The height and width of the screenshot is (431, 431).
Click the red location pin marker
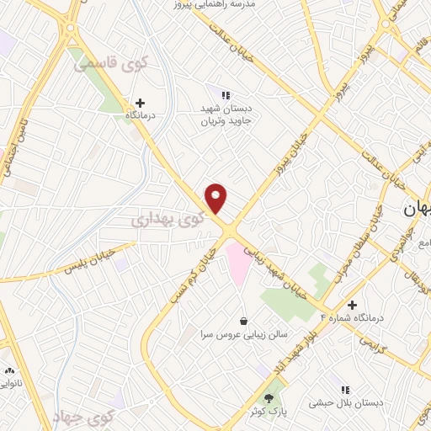pyautogui.click(x=217, y=198)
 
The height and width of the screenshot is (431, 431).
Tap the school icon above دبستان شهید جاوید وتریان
pyautogui.click(x=224, y=95)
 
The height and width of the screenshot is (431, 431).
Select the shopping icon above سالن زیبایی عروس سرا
pyautogui.click(x=244, y=321)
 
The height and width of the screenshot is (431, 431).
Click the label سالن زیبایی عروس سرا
pyautogui.click(x=244, y=334)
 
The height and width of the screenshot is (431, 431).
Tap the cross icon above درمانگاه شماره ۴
pyautogui.click(x=352, y=305)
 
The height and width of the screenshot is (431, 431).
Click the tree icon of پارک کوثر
pyautogui.click(x=269, y=396)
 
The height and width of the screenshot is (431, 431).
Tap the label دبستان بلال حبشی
pyautogui.click(x=345, y=403)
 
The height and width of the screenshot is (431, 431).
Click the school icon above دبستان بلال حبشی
pyautogui.click(x=345, y=390)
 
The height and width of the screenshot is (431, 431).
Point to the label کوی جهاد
pyautogui.click(x=82, y=417)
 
